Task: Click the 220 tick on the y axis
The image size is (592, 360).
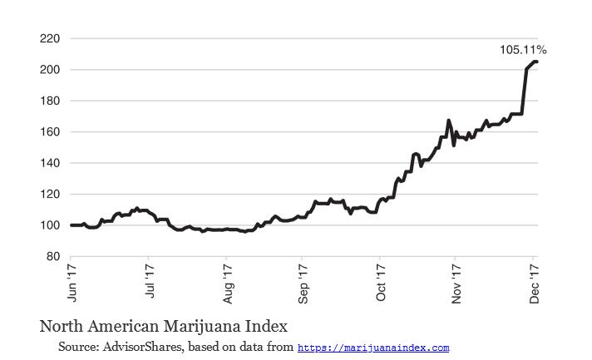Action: pyautogui.click(x=49, y=38)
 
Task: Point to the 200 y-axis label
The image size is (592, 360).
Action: pyautogui.click(x=49, y=70)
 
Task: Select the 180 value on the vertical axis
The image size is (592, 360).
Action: pyautogui.click(x=49, y=101)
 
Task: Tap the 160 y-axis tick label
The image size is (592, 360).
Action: pyautogui.click(x=49, y=132)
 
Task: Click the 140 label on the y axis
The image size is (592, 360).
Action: pyautogui.click(x=49, y=163)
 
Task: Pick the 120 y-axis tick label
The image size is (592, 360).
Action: pyautogui.click(x=49, y=195)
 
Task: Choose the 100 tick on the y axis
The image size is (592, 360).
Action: pyautogui.click(x=49, y=225)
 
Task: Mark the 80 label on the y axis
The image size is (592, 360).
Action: pyautogui.click(x=52, y=257)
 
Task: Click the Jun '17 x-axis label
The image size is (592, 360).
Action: pyautogui.click(x=72, y=282)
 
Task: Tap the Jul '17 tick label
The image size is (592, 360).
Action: pyautogui.click(x=150, y=282)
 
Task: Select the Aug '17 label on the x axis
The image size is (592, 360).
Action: pyautogui.click(x=227, y=282)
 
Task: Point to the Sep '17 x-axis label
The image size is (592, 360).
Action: pyautogui.click(x=303, y=282)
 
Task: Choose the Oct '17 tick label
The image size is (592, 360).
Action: pyautogui.click(x=381, y=282)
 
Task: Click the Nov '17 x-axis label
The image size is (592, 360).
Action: pyautogui.click(x=457, y=282)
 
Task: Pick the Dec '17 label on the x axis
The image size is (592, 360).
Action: pyautogui.click(x=535, y=282)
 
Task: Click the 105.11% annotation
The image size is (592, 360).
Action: pyautogui.click(x=523, y=50)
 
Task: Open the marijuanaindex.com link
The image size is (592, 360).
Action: pyautogui.click(x=373, y=348)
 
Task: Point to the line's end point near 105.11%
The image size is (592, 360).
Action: pyautogui.click(x=536, y=62)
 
